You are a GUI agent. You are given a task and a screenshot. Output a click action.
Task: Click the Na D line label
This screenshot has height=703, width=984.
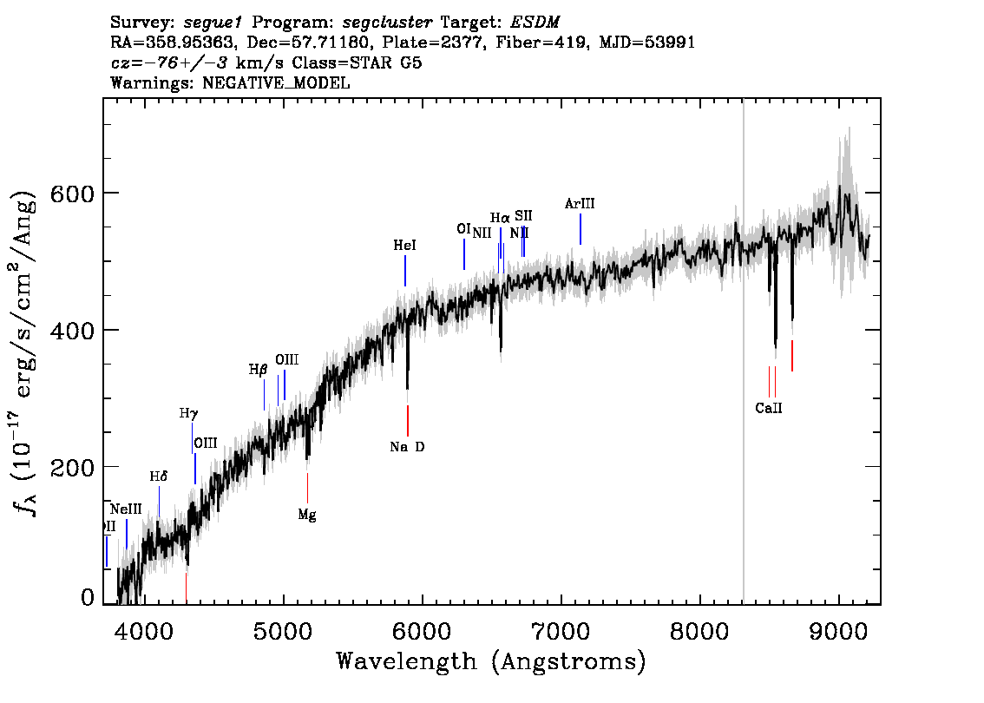point(407,447)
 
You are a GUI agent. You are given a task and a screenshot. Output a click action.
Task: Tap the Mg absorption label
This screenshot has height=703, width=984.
point(307,515)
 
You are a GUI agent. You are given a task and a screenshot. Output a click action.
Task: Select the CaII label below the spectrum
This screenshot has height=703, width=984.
point(768,408)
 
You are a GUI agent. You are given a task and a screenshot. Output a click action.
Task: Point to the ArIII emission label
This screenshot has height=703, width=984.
point(580,204)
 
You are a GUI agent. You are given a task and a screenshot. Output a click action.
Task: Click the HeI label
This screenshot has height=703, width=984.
point(404,246)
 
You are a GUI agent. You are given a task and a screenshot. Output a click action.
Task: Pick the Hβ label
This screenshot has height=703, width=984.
point(258,370)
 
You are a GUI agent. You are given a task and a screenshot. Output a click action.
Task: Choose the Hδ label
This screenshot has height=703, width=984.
point(158,476)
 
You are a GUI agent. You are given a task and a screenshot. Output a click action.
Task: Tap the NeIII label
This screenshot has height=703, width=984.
point(126,509)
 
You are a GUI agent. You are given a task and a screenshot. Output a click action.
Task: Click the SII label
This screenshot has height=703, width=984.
point(523,215)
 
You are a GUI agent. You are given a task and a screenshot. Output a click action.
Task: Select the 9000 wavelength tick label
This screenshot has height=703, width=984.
point(839,627)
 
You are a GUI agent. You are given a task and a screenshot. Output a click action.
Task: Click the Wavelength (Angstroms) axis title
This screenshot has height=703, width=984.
point(491,662)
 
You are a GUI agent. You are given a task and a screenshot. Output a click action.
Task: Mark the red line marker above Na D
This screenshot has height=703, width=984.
point(408,420)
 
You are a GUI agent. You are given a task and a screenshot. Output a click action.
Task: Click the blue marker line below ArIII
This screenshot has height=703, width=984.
point(580,229)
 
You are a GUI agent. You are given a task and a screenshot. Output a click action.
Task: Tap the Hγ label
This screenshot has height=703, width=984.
point(188,413)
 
